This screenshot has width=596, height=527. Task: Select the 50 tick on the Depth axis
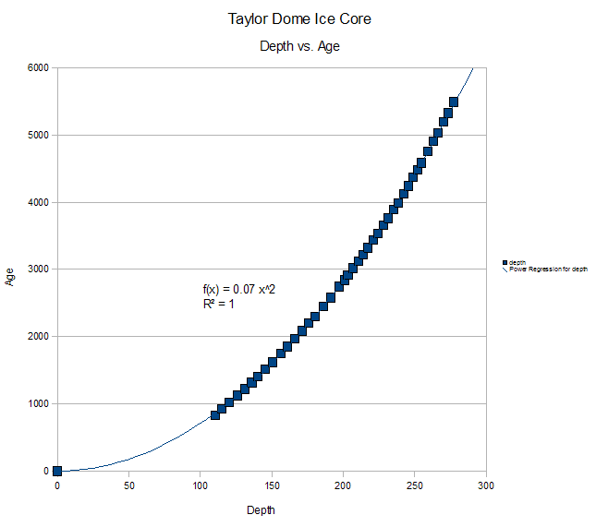[x=128, y=485]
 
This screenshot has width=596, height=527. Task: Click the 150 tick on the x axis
[x=272, y=485]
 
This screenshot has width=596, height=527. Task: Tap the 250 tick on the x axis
[x=415, y=485]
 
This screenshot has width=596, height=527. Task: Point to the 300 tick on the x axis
[x=486, y=485]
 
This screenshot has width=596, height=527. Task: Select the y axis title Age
[x=11, y=275]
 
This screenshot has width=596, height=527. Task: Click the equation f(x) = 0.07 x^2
[x=239, y=290]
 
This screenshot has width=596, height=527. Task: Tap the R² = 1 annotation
[x=218, y=304]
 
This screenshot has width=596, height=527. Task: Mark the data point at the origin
[x=57, y=471]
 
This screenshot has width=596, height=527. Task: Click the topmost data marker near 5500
[x=454, y=102]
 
